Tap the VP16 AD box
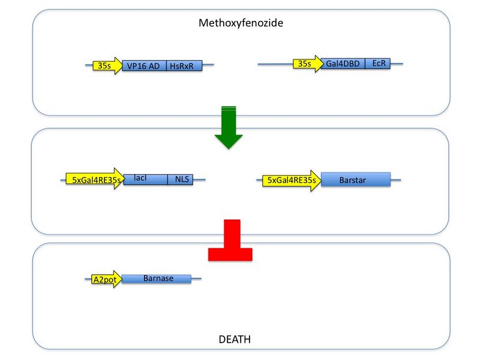click(144, 66)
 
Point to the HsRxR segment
click(184, 66)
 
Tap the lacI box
click(145, 179)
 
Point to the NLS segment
click(180, 179)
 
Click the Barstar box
click(355, 179)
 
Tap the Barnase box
click(157, 278)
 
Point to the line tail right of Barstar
click(395, 179)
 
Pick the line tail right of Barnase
click(196, 278)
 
